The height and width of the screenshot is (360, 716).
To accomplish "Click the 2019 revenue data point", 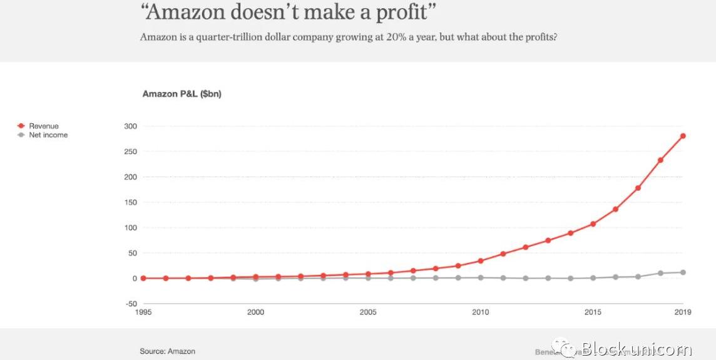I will click(x=683, y=136).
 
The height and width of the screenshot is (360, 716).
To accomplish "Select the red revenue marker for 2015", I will click(x=593, y=224).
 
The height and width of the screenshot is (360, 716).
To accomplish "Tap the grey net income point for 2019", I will click(x=683, y=272).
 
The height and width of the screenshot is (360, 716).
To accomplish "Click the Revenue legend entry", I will click(x=43, y=126).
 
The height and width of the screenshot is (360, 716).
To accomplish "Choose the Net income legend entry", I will click(x=48, y=135).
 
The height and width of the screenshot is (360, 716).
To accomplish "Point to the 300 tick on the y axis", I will click(x=130, y=126).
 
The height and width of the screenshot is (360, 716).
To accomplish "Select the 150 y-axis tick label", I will click(x=130, y=202).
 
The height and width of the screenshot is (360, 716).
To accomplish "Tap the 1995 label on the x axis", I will click(x=143, y=312).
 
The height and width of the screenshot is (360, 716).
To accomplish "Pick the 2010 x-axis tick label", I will click(x=481, y=312).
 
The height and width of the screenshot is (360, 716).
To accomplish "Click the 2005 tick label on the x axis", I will click(x=368, y=312).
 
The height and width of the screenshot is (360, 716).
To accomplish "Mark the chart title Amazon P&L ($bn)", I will click(x=182, y=94).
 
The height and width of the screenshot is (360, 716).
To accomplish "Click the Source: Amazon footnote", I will click(x=168, y=351).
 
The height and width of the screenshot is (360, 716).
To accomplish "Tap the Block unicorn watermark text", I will click(x=637, y=349).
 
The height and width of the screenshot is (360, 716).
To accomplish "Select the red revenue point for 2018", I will click(x=660, y=160).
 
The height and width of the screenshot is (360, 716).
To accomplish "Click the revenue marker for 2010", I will click(x=481, y=260).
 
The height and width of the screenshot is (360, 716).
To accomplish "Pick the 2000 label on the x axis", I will click(x=255, y=312).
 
